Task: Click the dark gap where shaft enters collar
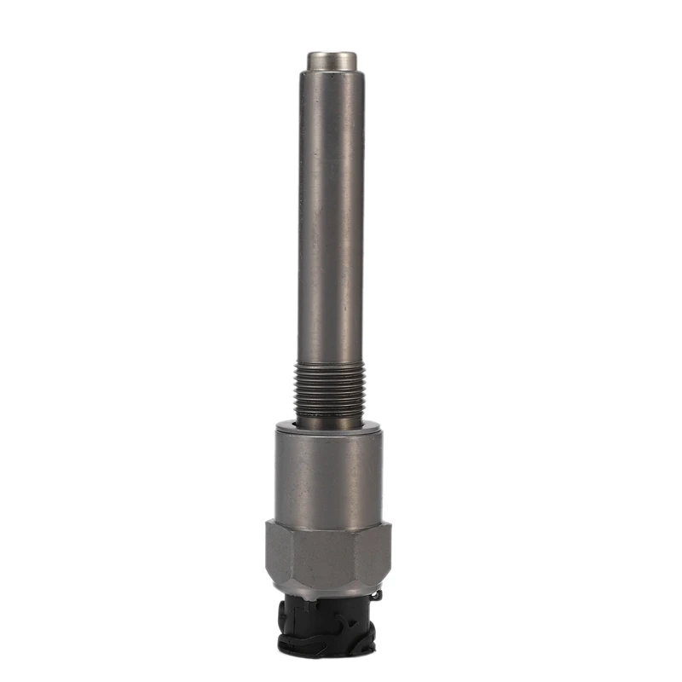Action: click(x=331, y=424)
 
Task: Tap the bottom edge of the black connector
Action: click(x=328, y=655)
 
